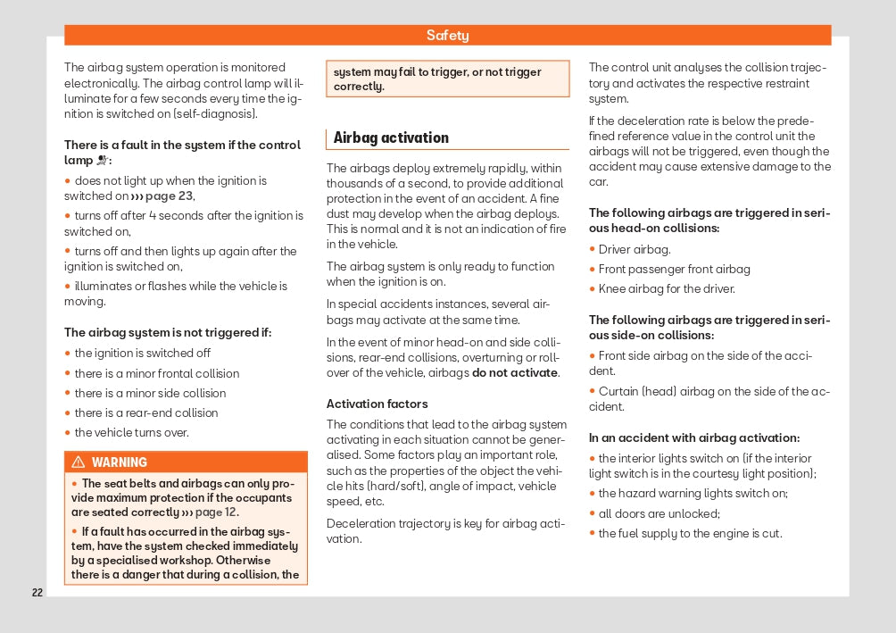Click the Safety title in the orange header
[x=447, y=36]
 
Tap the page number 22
[x=37, y=593]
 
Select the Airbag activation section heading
[x=391, y=137]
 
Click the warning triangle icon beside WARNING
[x=79, y=462]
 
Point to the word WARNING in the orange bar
[x=120, y=462]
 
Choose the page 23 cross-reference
[x=162, y=196]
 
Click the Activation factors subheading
[x=377, y=404]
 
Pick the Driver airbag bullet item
[x=635, y=249]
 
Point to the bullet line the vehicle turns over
[x=131, y=433]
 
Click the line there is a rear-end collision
[x=145, y=413]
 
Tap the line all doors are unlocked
[x=659, y=513]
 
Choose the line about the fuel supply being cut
[x=690, y=533]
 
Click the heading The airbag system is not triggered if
[x=168, y=333]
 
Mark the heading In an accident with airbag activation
[x=694, y=437]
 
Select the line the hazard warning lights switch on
[x=693, y=494]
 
